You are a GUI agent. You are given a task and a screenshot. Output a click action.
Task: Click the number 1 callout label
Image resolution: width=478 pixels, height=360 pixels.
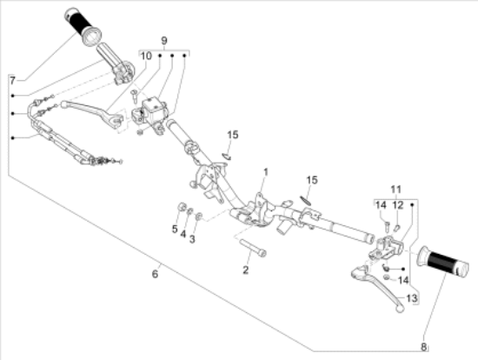tap(267, 172)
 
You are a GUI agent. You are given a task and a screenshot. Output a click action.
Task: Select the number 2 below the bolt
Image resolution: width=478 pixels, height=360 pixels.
tap(245, 270)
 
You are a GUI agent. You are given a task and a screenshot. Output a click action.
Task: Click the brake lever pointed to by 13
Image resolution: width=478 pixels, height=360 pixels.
tap(376, 284)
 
